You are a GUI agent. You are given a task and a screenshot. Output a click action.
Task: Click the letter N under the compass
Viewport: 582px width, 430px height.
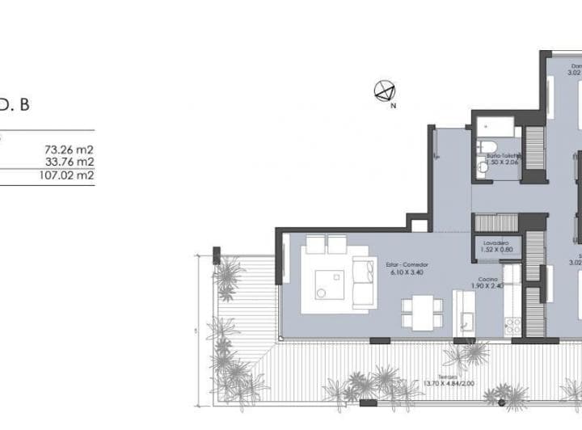393,105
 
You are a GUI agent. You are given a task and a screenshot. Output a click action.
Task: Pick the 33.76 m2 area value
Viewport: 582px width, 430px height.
70,162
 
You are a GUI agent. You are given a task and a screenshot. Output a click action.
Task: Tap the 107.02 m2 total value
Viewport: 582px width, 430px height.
66,174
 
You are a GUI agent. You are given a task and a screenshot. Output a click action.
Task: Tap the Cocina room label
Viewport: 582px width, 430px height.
487,279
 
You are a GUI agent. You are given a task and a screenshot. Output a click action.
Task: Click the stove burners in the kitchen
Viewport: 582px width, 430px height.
512,326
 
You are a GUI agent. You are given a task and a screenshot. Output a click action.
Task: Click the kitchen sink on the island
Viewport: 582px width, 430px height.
466,322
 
